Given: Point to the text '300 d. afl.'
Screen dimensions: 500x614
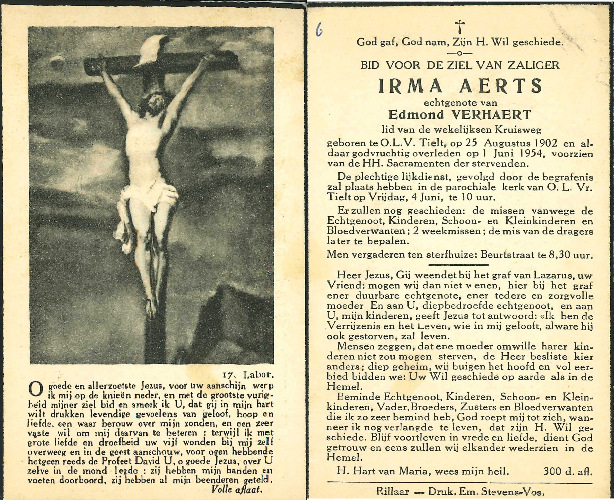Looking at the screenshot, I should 568,471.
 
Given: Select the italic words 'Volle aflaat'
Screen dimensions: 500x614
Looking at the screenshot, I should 236,489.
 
